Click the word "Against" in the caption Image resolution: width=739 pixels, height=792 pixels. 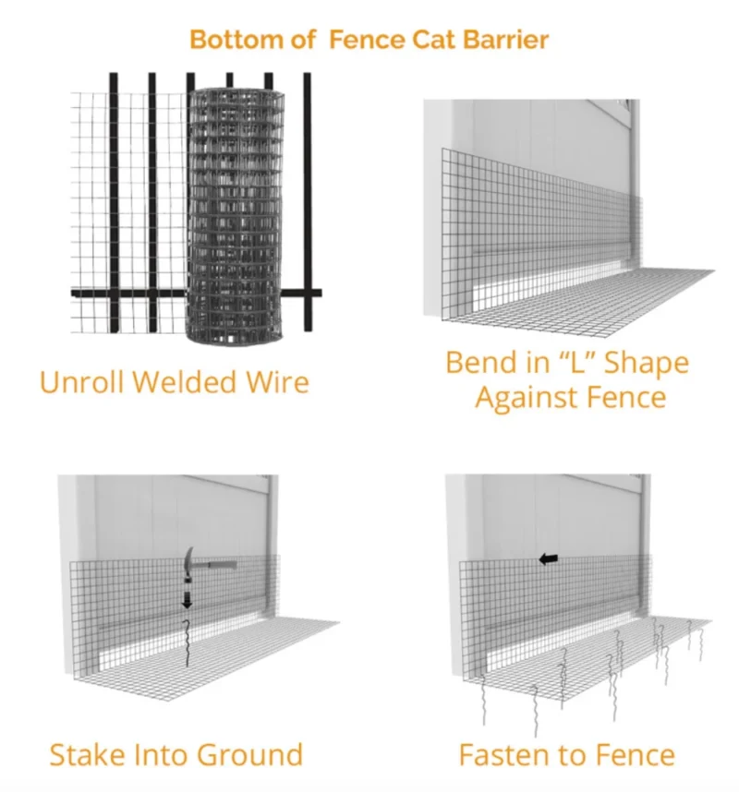coord(527,398)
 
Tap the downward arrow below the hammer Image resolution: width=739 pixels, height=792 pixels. coord(187,600)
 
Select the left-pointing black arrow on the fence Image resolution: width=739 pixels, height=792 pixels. coord(549,559)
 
